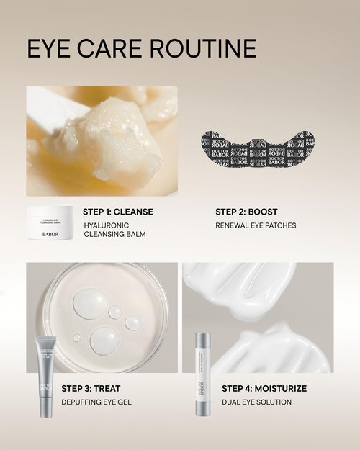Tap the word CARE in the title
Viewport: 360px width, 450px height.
[x=115, y=48]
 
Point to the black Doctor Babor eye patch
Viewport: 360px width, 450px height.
[x=258, y=149]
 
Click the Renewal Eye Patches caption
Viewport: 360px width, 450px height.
[x=256, y=225]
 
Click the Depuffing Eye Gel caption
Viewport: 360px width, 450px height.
[x=96, y=402]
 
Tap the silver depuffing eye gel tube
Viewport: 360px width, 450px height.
[x=44, y=374]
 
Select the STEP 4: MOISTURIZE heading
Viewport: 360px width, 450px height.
[x=264, y=388]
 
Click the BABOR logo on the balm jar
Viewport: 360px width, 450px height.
[x=50, y=233]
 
